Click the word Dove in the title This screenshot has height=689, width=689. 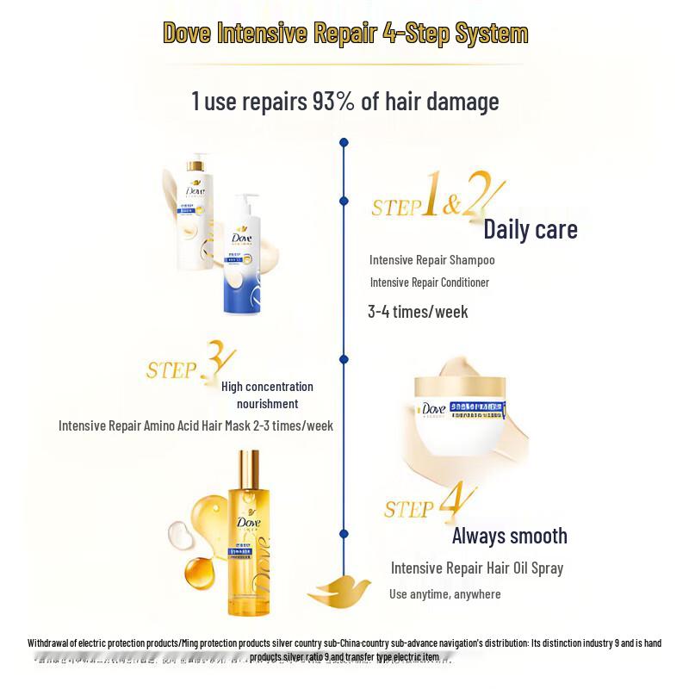click(x=192, y=34)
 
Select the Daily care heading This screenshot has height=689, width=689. click(x=530, y=230)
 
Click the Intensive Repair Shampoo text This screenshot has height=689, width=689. click(x=431, y=259)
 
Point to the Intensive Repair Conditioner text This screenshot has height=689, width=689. click(x=429, y=282)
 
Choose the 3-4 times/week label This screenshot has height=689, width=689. click(x=418, y=312)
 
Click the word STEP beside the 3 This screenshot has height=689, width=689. click(x=171, y=370)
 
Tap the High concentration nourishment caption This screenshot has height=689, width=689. click(x=267, y=395)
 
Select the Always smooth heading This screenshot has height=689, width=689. click(x=509, y=536)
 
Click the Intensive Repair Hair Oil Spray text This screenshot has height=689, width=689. click(x=476, y=568)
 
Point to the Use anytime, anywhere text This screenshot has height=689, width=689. click(x=444, y=593)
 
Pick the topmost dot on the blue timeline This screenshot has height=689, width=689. click(x=344, y=142)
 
